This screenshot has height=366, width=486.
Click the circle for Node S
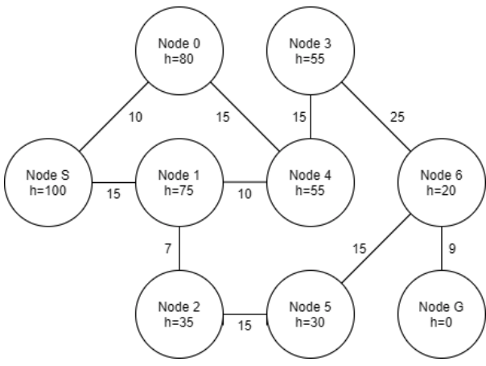coord(47,182)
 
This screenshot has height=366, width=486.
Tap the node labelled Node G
coord(443,312)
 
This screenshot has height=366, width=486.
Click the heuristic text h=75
coord(179,189)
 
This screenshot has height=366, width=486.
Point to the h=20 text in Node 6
coord(443,189)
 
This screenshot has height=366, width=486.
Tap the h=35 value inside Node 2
coord(179,320)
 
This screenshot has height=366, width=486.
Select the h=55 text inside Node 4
coord(310,189)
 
